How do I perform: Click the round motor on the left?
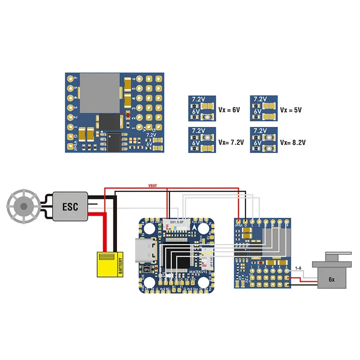[x=22, y=207]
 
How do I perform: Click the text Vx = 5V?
[x=291, y=109]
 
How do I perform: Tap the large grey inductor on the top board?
[x=100, y=92]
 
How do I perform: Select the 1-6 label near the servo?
[x=298, y=268]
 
